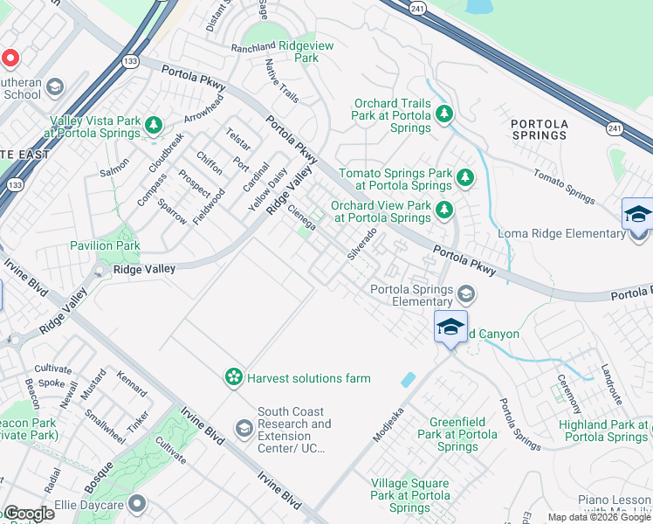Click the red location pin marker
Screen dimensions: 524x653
[x=10, y=59]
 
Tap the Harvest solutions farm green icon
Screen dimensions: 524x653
[x=234, y=377]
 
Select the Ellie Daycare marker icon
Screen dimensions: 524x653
[x=136, y=503]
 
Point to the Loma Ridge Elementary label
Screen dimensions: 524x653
[x=553, y=233]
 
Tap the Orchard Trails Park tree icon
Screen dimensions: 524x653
[x=444, y=113]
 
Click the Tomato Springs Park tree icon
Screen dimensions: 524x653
[x=465, y=177]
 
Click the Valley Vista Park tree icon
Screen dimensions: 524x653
[x=155, y=125]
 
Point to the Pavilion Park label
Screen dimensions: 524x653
[x=106, y=246]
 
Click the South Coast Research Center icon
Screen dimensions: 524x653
[x=244, y=427]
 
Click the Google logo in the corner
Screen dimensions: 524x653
[x=29, y=514]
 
